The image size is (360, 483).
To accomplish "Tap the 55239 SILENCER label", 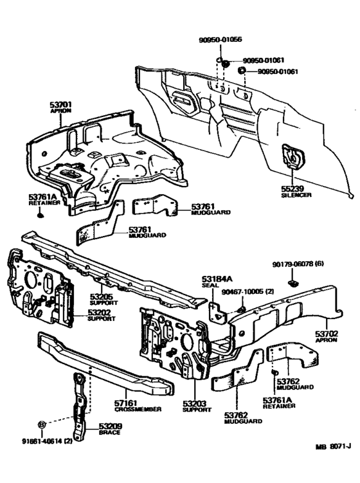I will [x=296, y=190].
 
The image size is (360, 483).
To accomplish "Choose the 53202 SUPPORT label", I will [x=100, y=315].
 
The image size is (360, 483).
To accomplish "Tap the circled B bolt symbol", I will [x=42, y=425].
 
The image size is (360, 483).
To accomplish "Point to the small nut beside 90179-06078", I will [x=292, y=280].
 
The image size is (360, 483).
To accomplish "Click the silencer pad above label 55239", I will [x=292, y=156].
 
